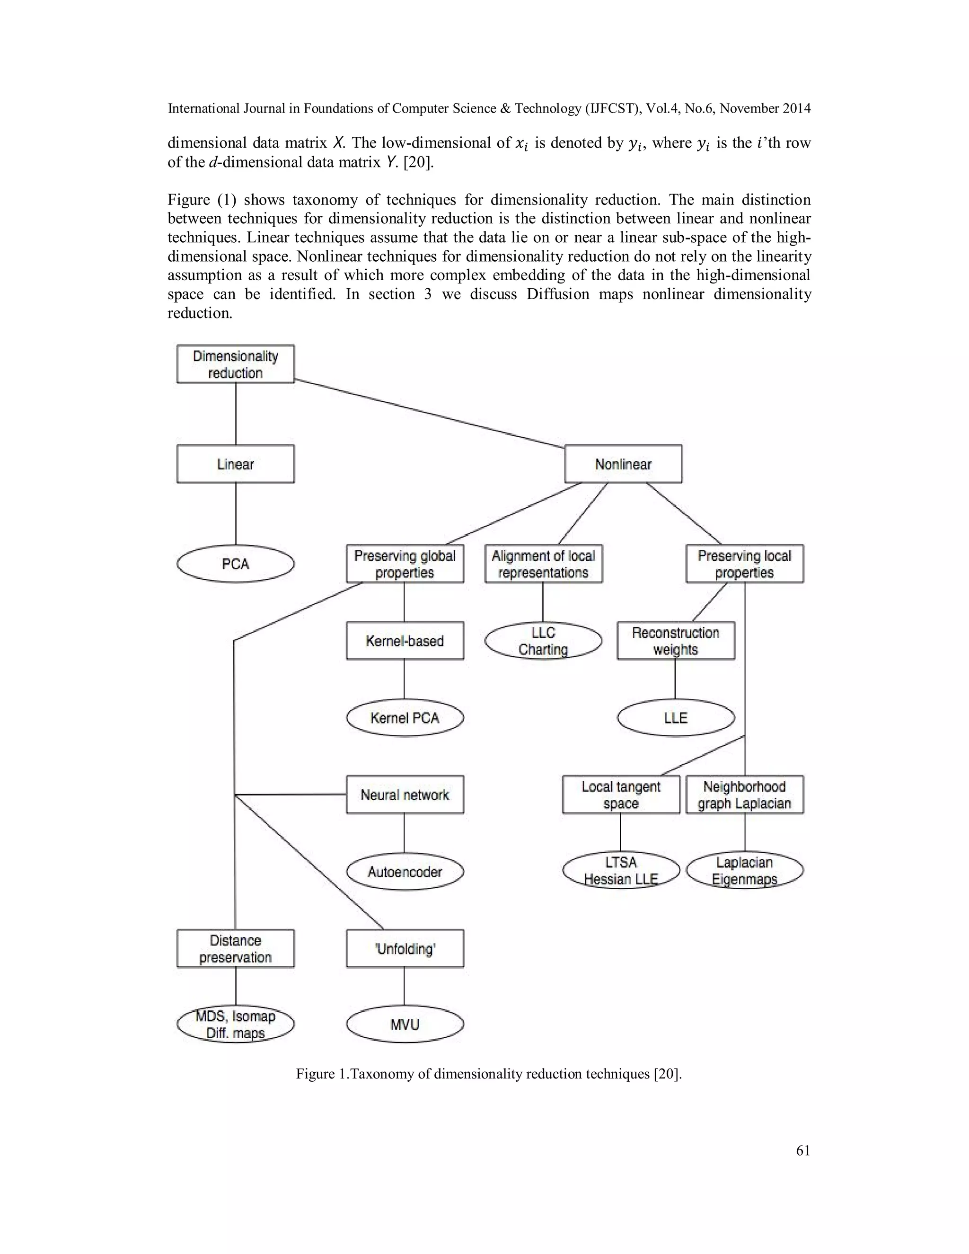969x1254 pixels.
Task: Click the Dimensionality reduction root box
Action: tap(235, 364)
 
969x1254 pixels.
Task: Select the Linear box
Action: tap(235, 464)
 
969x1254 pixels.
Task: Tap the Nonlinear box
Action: tap(624, 464)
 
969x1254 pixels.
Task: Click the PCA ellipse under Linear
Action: tap(235, 564)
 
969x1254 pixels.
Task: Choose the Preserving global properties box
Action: tap(405, 564)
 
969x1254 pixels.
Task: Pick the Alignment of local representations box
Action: tap(543, 564)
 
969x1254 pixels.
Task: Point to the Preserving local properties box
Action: tap(745, 564)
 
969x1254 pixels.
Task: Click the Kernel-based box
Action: tap(405, 641)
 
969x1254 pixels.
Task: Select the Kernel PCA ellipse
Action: tap(405, 718)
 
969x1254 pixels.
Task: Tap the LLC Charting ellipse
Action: tap(543, 641)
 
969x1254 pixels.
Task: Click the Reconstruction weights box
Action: tap(676, 641)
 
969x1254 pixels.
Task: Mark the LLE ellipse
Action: tap(676, 718)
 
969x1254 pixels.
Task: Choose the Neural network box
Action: tap(405, 795)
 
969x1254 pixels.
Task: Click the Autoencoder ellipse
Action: tap(405, 872)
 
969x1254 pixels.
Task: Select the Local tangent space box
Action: tap(621, 795)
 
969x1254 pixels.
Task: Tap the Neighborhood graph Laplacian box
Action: tap(745, 795)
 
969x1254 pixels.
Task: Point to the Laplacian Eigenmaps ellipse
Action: tap(745, 870)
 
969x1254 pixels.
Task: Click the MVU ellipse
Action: tap(405, 1024)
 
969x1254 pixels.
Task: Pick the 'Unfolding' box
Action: tap(405, 948)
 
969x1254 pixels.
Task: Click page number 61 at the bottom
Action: tap(803, 1150)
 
